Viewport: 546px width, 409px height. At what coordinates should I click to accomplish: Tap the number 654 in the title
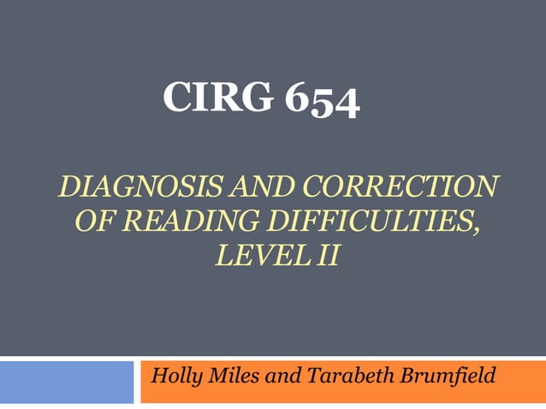(323, 100)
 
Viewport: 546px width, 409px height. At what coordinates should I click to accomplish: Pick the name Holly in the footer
(175, 376)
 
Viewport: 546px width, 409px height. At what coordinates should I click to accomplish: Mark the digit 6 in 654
(298, 98)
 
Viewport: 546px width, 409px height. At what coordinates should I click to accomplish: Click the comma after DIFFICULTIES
(476, 228)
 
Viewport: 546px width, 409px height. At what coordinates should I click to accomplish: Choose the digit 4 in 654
(347, 104)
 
